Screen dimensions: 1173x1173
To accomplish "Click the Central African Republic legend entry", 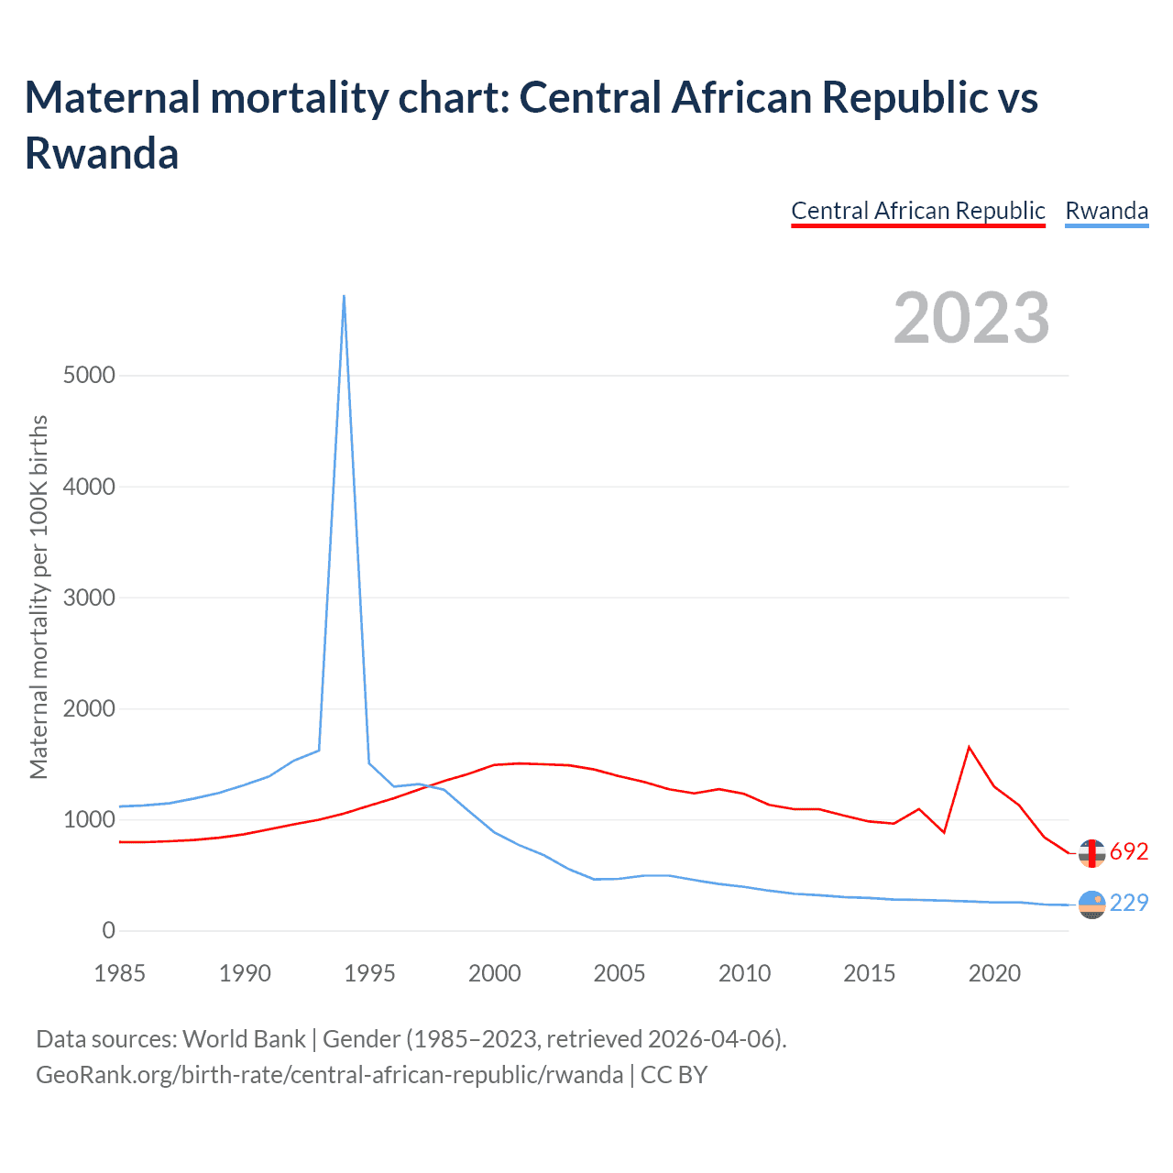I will tap(917, 211).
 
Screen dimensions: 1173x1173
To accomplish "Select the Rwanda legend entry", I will tap(1106, 211).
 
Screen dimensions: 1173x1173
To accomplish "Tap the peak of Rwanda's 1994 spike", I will tap(344, 296).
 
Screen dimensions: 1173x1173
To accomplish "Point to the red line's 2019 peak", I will tap(969, 747).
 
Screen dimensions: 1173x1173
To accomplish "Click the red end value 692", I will tap(1129, 851).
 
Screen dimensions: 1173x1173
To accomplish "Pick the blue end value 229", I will tap(1129, 903).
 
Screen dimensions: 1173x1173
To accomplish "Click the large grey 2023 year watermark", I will tap(971, 318).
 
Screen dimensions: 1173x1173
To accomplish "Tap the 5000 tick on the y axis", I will tap(89, 376).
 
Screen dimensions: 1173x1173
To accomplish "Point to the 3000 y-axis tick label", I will tap(89, 598).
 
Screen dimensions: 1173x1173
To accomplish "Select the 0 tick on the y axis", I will tap(109, 931).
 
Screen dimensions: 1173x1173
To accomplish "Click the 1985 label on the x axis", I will tap(120, 973).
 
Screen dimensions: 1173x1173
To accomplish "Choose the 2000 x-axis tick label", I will tap(495, 973).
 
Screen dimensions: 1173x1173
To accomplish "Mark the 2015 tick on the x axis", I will tap(870, 973).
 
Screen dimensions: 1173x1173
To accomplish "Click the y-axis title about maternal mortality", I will tap(38, 597).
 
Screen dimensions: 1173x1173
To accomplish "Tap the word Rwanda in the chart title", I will tap(102, 153).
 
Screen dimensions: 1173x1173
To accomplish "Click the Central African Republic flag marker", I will tap(1091, 852).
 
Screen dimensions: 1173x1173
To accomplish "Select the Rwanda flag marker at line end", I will tap(1091, 904).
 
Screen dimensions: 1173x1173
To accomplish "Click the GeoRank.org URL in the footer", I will tap(329, 1074).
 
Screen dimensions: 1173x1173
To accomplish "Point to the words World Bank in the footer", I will tap(244, 1039).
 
